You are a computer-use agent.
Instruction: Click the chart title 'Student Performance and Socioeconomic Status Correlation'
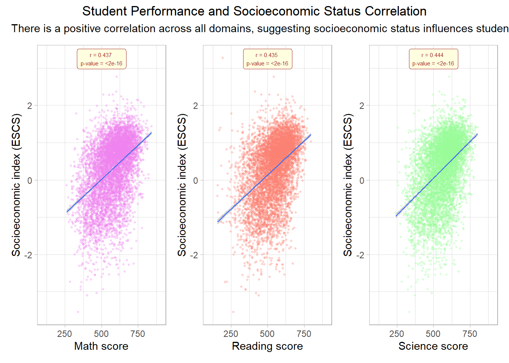[254, 11]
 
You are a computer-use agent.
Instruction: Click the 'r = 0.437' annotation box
[101, 59]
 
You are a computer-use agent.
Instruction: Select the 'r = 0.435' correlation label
[267, 59]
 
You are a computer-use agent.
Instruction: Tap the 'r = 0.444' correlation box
[433, 59]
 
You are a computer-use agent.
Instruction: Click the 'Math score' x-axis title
[101, 346]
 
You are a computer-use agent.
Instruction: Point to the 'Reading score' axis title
[267, 346]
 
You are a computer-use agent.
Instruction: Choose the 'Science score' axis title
[433, 346]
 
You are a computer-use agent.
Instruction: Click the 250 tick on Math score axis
[65, 334]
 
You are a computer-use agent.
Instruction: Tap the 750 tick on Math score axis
[137, 334]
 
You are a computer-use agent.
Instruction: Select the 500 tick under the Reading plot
[267, 334]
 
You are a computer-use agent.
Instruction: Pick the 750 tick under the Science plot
[470, 334]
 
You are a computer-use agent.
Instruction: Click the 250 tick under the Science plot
[397, 334]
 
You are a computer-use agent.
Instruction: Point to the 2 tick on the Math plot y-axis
[30, 105]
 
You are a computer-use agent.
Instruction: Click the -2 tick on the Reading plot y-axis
[194, 255]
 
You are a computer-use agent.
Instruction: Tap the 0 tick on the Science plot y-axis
[362, 180]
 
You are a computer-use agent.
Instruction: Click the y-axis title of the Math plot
[16, 185]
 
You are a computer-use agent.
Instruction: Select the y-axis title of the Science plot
[348, 185]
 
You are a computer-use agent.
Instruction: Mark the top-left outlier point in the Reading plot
[223, 58]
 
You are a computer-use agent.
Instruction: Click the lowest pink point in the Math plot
[78, 312]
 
